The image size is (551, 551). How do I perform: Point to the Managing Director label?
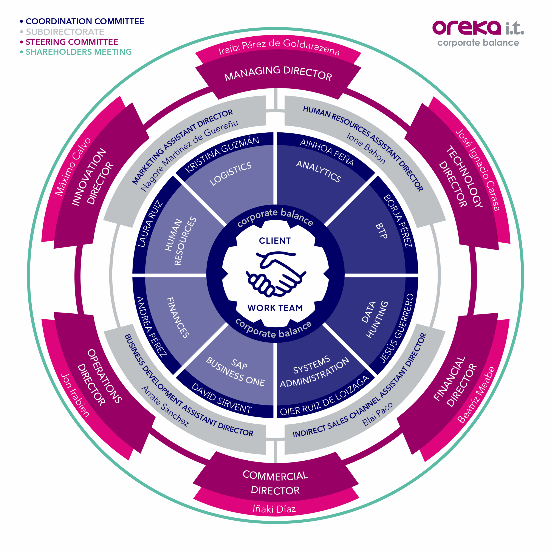tap(278, 73)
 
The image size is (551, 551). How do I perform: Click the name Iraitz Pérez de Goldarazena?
tap(279, 47)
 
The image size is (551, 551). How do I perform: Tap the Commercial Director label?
tap(275, 483)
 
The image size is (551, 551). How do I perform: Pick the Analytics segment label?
tap(319, 171)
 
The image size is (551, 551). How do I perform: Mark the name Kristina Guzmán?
tap(222, 154)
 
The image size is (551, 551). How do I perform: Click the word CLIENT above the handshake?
tap(275, 241)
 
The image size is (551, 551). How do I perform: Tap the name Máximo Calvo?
tap(73, 167)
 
